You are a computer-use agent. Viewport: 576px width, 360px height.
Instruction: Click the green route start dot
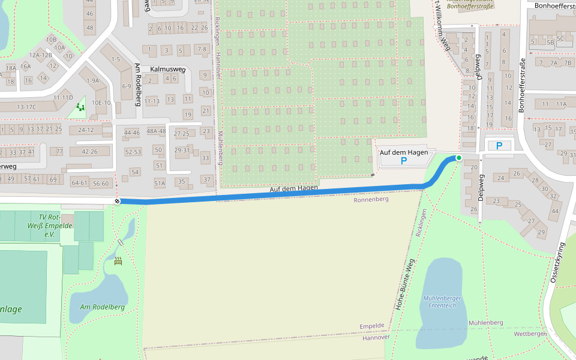click(x=459, y=158)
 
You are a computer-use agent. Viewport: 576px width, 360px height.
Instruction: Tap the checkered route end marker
click(x=117, y=201)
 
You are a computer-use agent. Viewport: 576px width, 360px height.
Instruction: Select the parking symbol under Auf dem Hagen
click(x=404, y=161)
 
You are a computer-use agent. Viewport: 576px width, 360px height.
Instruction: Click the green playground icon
click(x=80, y=108)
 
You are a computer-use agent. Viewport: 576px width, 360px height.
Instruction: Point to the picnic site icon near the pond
click(x=118, y=261)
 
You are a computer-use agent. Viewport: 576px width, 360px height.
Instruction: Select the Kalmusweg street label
click(x=168, y=69)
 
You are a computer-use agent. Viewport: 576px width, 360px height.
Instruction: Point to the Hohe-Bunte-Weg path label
click(x=405, y=284)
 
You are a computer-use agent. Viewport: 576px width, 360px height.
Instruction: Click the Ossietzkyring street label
click(x=557, y=263)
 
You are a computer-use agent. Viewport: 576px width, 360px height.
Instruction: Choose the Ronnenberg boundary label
click(x=371, y=199)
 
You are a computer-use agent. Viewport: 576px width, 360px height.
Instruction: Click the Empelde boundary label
click(x=371, y=326)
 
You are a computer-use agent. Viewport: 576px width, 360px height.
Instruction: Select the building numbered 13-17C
click(x=26, y=107)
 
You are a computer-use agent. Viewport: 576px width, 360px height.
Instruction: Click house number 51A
click(x=160, y=184)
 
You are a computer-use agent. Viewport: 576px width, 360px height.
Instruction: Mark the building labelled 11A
click(x=561, y=104)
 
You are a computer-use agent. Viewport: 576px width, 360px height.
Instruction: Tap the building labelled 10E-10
click(x=101, y=103)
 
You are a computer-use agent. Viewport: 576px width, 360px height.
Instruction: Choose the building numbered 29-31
click(x=182, y=150)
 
